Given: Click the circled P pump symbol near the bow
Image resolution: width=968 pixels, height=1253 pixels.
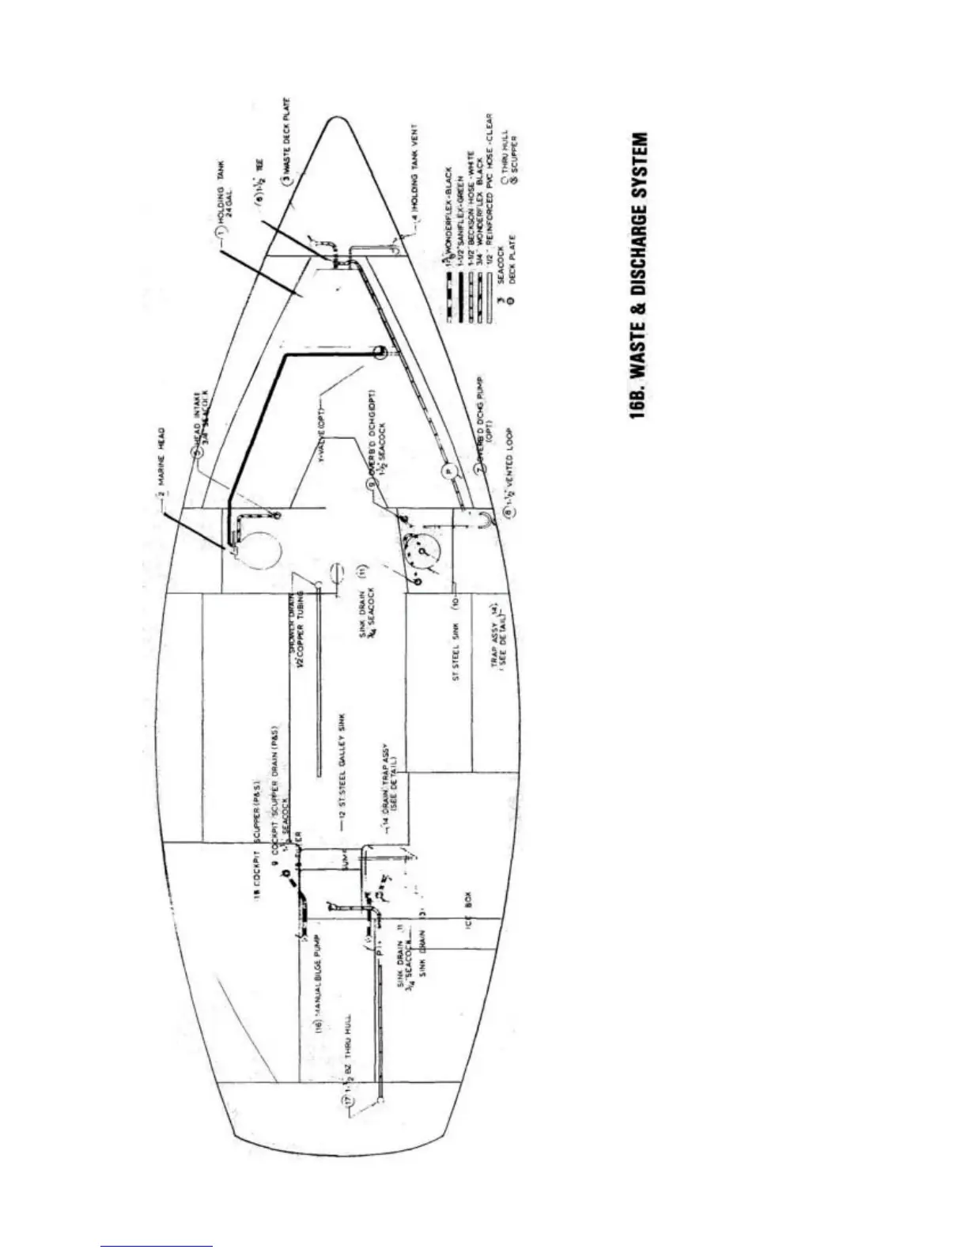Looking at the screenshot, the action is (444, 468).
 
